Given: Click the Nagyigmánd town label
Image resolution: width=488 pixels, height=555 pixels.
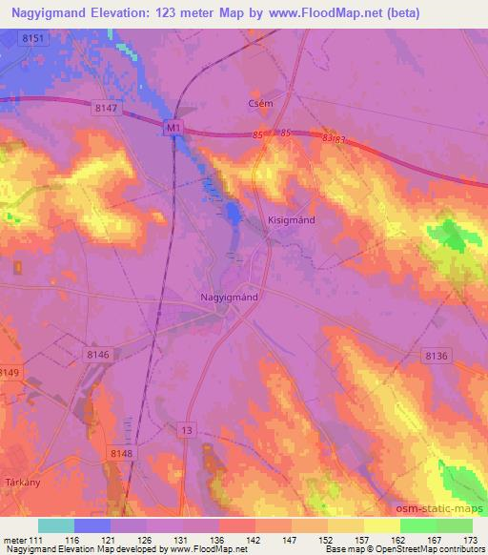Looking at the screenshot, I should coord(230,297).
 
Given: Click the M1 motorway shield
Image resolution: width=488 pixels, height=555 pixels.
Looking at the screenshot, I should coord(173,126).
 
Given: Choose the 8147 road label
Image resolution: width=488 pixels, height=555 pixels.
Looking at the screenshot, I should coord(106,110).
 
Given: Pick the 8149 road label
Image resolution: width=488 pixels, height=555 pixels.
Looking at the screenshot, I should coord(10,372).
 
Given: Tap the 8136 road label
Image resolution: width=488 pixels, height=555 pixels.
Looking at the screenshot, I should coord(437,356).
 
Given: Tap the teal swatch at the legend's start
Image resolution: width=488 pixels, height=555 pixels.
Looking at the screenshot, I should coord(56,525).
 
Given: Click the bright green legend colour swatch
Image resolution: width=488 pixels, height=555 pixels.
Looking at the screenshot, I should coord(417,525).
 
